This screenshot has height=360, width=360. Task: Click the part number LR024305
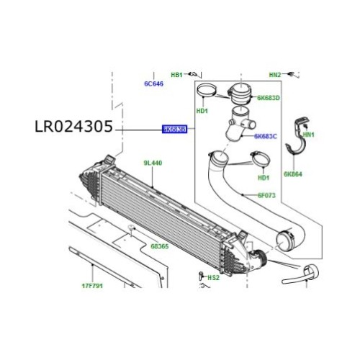73,127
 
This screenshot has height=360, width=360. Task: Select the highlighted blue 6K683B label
174,130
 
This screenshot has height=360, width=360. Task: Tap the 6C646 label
154,84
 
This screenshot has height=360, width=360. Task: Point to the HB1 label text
176,75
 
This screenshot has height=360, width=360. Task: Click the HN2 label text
275,75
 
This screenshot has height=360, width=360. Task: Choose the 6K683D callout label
268,97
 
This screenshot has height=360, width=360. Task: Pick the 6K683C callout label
266,135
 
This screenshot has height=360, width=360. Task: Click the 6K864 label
294,174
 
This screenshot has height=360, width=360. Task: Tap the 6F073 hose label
269,194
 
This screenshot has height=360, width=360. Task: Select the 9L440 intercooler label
153,163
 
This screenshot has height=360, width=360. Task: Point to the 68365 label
160,246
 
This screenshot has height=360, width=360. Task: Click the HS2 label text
213,277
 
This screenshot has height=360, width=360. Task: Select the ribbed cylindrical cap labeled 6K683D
238,94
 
